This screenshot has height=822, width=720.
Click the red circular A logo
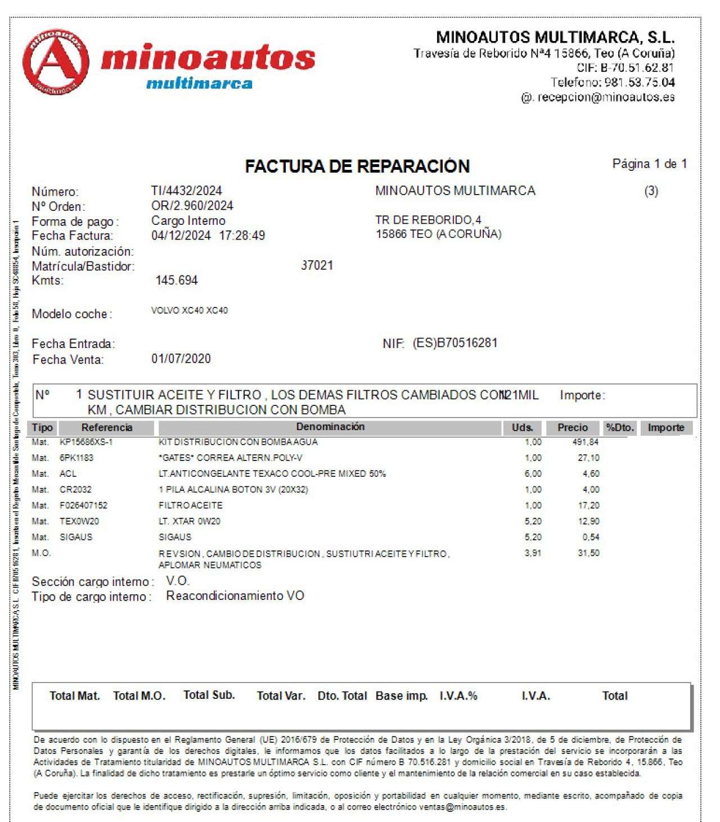point(55,62)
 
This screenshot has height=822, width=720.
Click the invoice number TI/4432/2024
point(186,191)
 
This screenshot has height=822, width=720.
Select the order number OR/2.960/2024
point(192,206)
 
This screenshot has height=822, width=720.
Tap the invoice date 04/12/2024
point(181,236)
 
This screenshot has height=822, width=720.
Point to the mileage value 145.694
point(176,281)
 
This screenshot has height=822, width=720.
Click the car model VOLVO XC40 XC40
point(189,310)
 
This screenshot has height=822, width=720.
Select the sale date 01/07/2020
point(181,359)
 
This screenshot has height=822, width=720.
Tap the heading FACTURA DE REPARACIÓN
point(357,166)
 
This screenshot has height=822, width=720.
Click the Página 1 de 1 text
point(649,164)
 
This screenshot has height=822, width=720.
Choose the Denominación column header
point(330,427)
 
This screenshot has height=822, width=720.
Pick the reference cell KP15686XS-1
point(86,442)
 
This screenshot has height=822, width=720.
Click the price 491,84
point(586,442)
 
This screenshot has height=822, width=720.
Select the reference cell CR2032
point(75,490)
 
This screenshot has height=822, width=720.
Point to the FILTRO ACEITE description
point(190,505)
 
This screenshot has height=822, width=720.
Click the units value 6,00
point(533,474)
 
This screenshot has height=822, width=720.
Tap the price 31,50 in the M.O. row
point(588,553)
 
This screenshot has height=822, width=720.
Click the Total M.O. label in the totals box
point(139,696)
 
